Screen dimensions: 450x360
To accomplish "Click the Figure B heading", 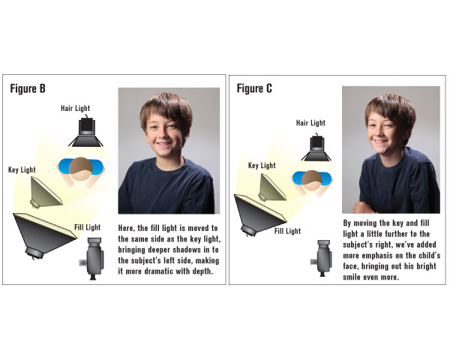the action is tap(28, 88).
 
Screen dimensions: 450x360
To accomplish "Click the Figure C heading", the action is tap(254, 88).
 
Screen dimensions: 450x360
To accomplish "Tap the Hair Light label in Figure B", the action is tap(75, 108).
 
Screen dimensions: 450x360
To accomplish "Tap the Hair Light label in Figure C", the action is tap(310, 123).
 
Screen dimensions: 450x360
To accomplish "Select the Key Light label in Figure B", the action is tap(22, 169).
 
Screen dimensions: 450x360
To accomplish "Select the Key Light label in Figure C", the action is tap(262, 166).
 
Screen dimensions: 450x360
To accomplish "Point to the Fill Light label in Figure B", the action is tap(88, 227).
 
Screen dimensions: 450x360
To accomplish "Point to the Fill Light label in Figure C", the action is tap(287, 231).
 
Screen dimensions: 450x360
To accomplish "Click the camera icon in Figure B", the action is tap(91, 258).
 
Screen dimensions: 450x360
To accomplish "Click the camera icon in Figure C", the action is tap(322, 258).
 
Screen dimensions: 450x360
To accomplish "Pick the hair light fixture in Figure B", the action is tap(86, 131).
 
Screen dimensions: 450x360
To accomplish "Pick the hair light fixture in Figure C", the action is tap(316, 147).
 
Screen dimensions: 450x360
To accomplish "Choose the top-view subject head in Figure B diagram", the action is tap(81, 169).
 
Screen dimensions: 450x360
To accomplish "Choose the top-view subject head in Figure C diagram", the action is tap(312, 180).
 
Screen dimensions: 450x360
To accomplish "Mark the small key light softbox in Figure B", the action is tap(46, 192).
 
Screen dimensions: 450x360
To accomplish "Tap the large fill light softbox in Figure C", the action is tap(258, 214).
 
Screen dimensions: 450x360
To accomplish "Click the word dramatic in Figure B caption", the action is tap(158, 271).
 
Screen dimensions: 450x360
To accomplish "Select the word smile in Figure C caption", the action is tap(351, 277).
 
